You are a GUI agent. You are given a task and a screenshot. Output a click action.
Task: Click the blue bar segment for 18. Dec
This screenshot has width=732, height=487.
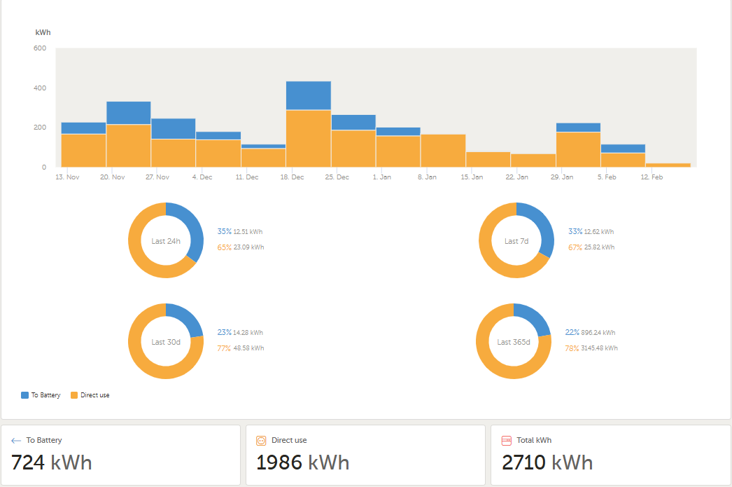click(309, 96)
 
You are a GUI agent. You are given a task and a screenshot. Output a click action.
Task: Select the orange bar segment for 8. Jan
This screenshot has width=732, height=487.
click(443, 150)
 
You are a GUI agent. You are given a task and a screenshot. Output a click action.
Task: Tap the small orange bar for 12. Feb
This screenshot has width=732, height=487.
click(668, 165)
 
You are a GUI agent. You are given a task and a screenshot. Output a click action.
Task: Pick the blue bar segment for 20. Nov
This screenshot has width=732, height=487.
click(129, 113)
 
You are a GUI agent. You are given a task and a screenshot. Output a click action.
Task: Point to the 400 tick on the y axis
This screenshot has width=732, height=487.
click(40, 88)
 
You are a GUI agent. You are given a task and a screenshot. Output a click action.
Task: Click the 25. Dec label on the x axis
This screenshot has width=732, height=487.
click(337, 177)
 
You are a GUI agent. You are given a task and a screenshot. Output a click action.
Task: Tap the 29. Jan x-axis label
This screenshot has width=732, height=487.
click(561, 177)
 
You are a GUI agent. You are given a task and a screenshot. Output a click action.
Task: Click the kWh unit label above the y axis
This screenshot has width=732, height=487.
click(43, 33)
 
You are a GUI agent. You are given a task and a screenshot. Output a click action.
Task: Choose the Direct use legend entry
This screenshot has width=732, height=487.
click(90, 395)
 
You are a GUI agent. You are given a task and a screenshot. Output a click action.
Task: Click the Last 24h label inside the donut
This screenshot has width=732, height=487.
click(166, 241)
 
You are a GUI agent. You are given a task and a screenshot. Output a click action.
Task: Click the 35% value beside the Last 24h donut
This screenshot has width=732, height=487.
click(224, 231)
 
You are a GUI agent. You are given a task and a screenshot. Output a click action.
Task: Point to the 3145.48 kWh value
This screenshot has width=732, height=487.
click(601, 348)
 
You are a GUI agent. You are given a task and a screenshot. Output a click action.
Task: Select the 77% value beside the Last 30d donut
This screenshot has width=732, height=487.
click(224, 348)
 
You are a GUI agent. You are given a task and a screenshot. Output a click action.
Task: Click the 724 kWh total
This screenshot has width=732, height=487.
click(52, 462)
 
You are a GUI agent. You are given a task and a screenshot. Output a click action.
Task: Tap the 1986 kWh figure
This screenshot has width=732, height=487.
click(302, 462)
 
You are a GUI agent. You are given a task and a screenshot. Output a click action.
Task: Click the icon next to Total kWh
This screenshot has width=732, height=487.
click(507, 441)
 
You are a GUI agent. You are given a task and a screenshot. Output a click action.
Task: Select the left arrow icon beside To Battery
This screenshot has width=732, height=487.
click(16, 441)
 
